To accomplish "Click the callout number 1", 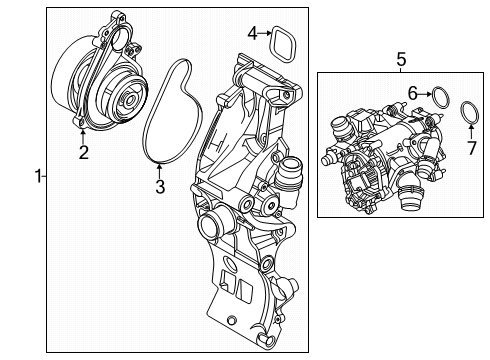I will point(38,177).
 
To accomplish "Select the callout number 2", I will point(85,152).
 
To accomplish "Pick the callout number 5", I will point(401,59).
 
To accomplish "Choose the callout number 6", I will point(411,92).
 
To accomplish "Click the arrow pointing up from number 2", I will point(85,135).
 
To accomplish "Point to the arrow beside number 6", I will point(424,93).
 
